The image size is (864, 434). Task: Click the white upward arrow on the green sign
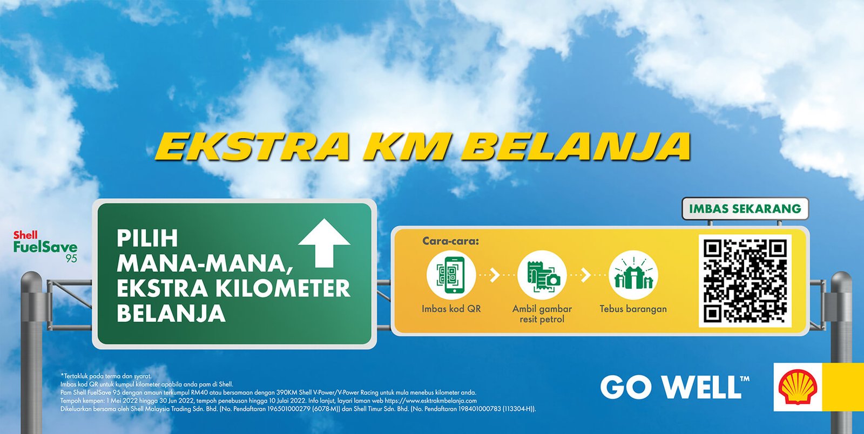(325, 243)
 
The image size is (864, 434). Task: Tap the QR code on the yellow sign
(745, 281)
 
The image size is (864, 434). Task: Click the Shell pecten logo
(798, 387)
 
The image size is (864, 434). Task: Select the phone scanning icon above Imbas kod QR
(451, 275)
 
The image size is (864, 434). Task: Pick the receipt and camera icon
(542, 275)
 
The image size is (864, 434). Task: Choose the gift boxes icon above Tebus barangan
(633, 275)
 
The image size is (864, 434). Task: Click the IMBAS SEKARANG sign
(745, 208)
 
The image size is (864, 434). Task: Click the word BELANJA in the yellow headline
(581, 146)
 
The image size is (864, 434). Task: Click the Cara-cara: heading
(450, 241)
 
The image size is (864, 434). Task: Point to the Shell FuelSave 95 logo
(45, 246)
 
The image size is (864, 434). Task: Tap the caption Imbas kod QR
(451, 309)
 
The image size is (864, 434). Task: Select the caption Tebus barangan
(633, 309)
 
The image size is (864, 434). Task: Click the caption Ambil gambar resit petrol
(542, 314)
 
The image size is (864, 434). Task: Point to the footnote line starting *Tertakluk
(106, 376)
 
